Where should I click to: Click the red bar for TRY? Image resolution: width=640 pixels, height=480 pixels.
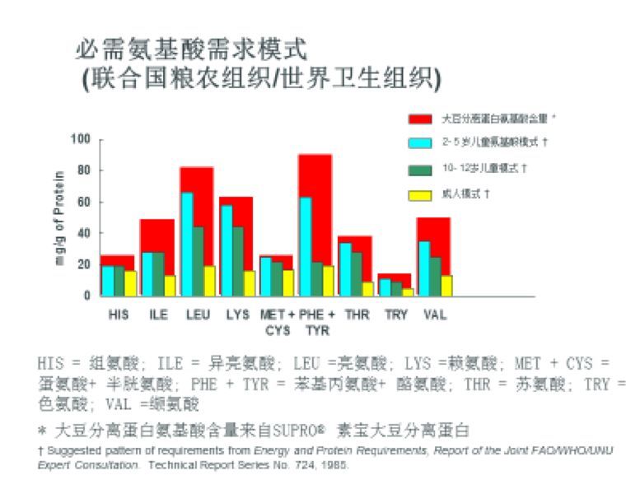point(395,277)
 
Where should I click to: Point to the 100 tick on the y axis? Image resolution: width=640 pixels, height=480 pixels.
point(80,139)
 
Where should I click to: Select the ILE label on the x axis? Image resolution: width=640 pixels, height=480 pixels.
point(157,315)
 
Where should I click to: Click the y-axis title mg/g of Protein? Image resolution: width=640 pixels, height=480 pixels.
point(59,217)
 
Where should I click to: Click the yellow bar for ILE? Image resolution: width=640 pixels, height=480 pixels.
point(170,285)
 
